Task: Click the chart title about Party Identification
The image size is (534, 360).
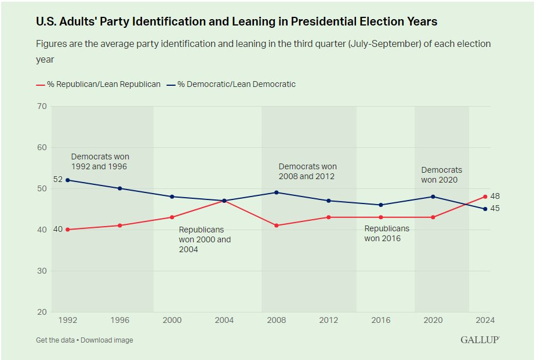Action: (x=237, y=22)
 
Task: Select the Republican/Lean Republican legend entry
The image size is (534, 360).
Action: (x=99, y=85)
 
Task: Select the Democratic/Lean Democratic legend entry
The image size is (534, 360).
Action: (x=231, y=85)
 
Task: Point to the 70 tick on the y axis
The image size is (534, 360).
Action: (x=41, y=106)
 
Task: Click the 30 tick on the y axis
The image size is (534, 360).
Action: (x=41, y=271)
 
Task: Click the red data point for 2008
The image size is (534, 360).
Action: (x=277, y=226)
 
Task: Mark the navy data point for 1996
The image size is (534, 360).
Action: (x=120, y=188)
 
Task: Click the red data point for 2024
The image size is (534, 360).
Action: (x=485, y=197)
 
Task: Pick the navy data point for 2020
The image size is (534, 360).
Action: (x=433, y=197)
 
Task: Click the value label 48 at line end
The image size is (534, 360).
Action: (x=495, y=197)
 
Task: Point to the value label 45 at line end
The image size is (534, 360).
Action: (x=495, y=209)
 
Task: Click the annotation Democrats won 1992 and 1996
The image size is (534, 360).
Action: (x=100, y=162)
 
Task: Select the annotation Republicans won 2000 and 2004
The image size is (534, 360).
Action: (x=205, y=239)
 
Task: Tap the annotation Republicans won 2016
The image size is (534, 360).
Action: (x=387, y=233)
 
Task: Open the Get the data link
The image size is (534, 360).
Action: (x=55, y=340)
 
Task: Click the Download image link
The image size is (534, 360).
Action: (x=107, y=340)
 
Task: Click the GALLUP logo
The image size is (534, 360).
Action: (x=480, y=340)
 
